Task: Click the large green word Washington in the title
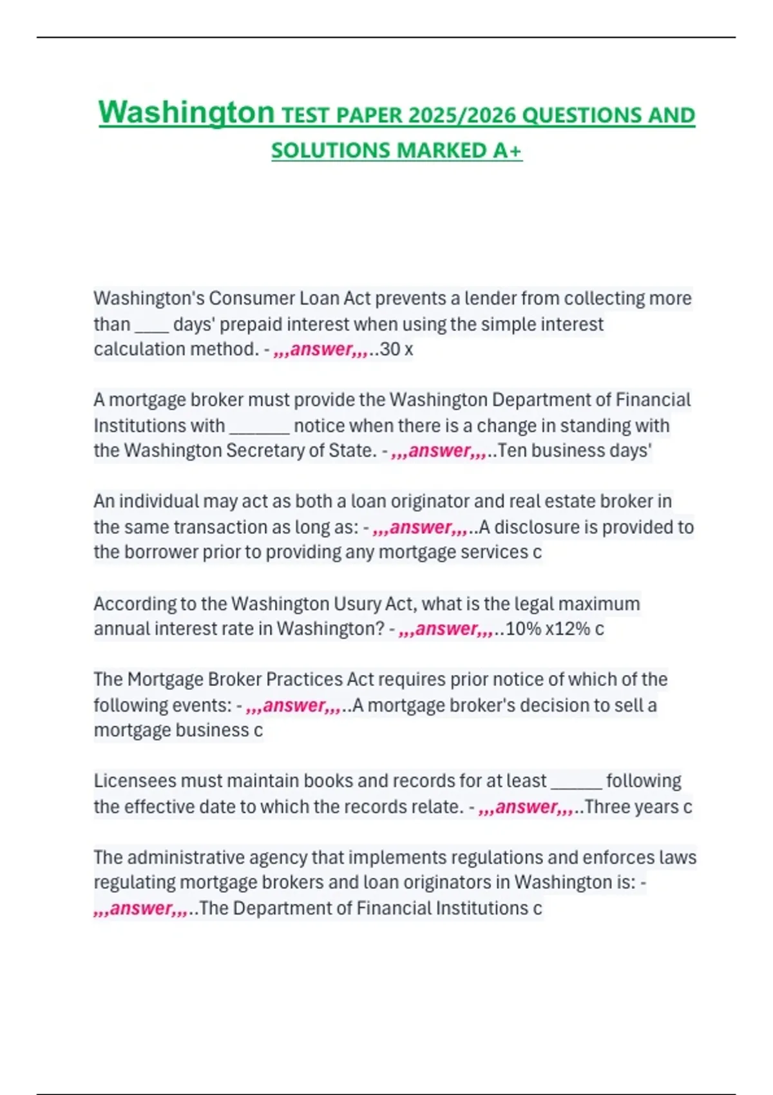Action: click(x=186, y=113)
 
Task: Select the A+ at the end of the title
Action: click(x=507, y=150)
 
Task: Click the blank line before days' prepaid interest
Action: click(x=151, y=324)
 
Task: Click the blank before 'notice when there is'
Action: click(x=259, y=426)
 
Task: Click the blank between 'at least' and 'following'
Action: click(x=577, y=781)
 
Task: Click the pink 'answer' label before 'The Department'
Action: click(x=140, y=908)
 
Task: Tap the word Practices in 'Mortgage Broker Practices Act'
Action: click(x=304, y=680)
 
